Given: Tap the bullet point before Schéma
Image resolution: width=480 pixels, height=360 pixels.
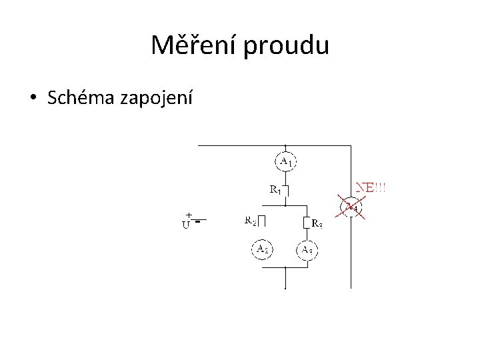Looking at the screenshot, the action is pos(33,99).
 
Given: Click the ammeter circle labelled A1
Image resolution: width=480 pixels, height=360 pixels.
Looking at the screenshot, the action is pos(285,161).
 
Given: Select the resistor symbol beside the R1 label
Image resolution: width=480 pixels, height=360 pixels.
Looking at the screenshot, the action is pos(286,191).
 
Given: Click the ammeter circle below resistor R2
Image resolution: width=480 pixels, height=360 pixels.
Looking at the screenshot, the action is pos(261,249).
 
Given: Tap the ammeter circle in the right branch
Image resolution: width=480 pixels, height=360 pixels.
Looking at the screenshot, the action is pos(307,249).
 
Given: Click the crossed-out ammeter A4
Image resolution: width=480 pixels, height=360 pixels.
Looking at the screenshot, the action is pos(351,207).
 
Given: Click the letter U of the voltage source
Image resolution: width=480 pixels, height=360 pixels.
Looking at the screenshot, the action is pos(185,225).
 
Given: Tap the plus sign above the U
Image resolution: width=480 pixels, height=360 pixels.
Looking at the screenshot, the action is pos(189,215).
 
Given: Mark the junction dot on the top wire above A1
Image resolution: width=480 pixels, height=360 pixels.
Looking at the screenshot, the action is pos(285,145).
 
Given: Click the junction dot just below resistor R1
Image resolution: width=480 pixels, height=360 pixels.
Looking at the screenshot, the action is pos(285,205).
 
